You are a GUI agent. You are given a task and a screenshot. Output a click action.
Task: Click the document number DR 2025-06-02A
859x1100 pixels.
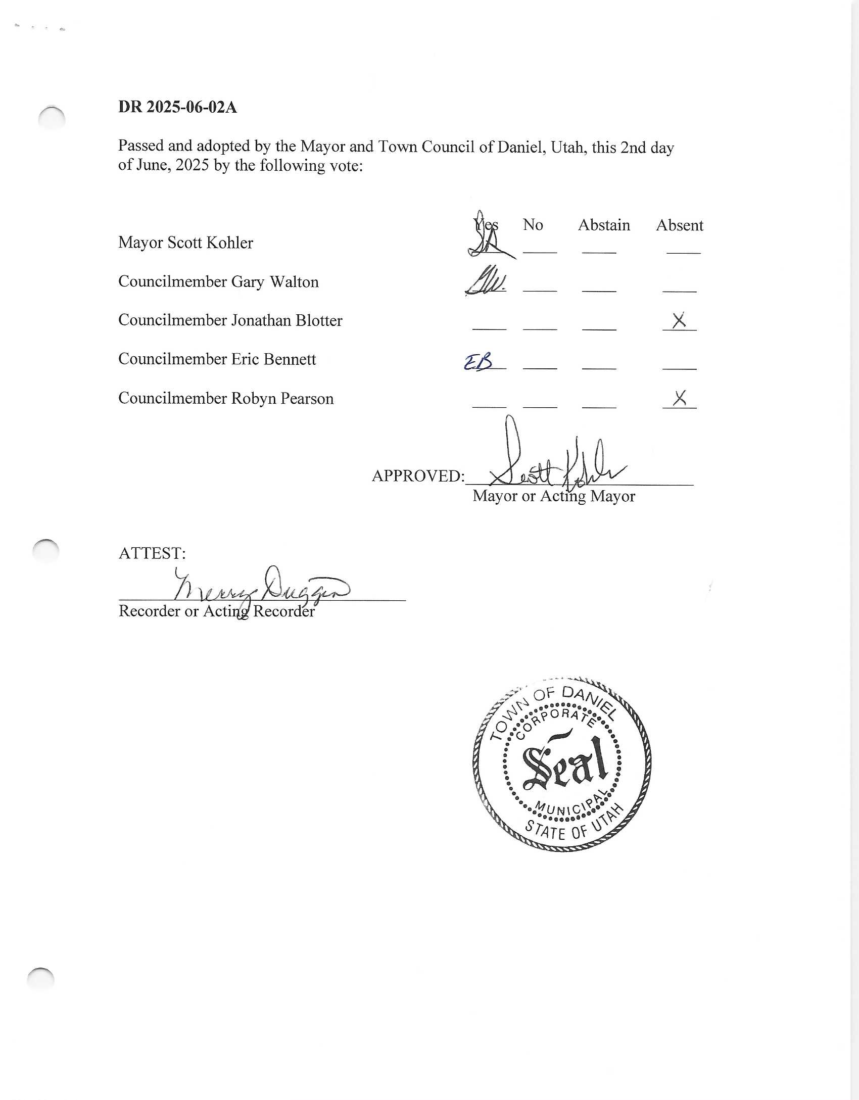point(177,107)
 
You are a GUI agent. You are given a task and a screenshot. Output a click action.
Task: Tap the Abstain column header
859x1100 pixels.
point(604,225)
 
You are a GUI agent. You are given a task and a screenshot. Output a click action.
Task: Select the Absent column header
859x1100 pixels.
point(679,225)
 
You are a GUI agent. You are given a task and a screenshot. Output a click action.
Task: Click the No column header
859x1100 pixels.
point(533,224)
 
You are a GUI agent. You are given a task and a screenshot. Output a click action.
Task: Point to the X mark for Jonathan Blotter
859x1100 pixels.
point(679,320)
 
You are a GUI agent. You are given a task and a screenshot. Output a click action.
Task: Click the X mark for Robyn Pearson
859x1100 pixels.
point(680,398)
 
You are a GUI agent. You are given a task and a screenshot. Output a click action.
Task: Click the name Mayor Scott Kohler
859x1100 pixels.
point(185,243)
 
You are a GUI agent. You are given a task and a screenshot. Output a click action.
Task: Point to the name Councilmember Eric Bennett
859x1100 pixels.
point(217,359)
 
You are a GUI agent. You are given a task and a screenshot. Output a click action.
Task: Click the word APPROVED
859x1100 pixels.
point(417,476)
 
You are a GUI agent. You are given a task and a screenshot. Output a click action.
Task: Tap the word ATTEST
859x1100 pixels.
point(152,553)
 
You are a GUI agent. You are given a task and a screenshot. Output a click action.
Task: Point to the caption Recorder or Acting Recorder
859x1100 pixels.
point(216,611)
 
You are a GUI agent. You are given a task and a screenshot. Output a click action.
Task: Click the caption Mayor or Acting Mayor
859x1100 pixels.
point(553,496)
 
